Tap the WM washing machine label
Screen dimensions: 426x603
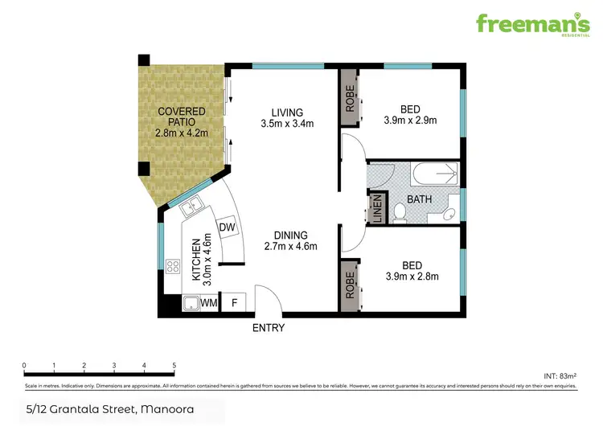[x=209, y=303]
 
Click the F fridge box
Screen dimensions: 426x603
[x=235, y=303]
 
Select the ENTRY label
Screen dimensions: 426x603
[x=268, y=328]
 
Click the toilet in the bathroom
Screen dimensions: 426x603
[x=400, y=211]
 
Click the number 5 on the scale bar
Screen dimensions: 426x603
[x=174, y=366]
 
